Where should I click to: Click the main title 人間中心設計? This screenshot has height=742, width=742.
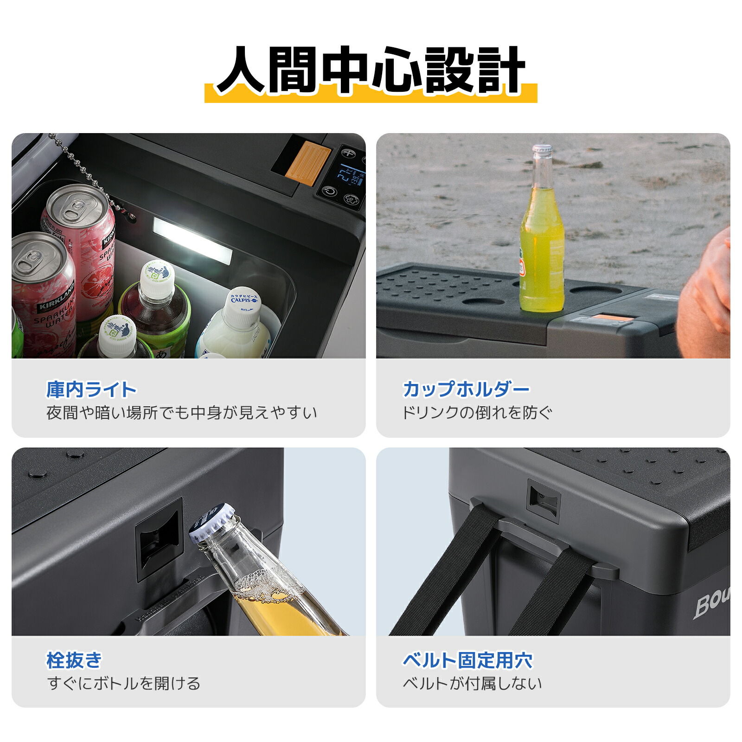(x=371, y=70)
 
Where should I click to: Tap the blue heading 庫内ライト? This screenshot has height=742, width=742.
(x=91, y=390)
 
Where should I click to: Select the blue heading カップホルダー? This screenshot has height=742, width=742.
(x=466, y=389)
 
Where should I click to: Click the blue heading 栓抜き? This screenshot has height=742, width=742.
(x=74, y=660)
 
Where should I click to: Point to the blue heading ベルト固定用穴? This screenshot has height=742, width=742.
(x=467, y=660)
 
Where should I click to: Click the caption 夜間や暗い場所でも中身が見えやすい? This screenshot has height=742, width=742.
(x=182, y=412)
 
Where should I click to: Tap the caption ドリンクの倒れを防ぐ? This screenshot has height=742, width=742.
(x=477, y=412)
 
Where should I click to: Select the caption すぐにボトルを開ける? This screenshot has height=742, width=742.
(x=123, y=683)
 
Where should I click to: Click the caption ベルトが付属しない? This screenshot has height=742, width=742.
(x=472, y=683)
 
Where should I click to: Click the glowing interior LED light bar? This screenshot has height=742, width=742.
(x=192, y=241)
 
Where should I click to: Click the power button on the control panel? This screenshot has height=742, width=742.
(x=330, y=192)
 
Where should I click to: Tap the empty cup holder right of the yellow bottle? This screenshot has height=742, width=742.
(x=596, y=290)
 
